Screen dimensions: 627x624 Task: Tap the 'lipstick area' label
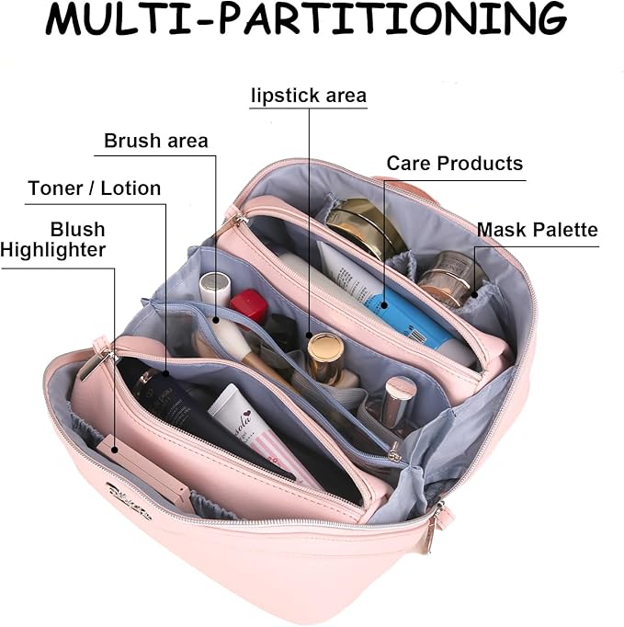coord(308,96)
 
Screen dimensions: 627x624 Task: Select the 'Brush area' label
coord(155,141)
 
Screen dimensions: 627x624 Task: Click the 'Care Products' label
coord(454,164)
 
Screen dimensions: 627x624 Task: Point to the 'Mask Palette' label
coord(537,229)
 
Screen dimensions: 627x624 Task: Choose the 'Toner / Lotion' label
coord(94,188)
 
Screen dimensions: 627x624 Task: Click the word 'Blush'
coord(77,229)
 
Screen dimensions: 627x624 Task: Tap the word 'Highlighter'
coord(53,249)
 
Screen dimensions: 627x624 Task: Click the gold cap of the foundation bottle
coord(324,352)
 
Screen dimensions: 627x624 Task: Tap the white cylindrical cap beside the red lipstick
coord(213,286)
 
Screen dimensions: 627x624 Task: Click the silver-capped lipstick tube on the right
coord(396,400)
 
